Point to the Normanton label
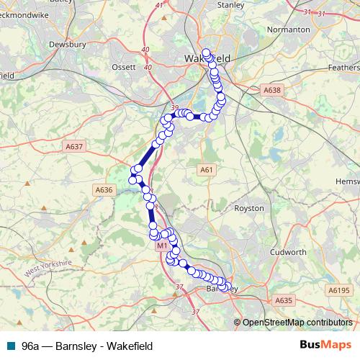point(289,30)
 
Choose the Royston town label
point(250,208)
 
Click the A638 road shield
point(271,91)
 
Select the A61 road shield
point(207,169)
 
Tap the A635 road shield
point(283,300)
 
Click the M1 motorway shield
point(162,246)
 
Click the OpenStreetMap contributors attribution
point(296,323)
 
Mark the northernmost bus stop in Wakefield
point(207,53)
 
